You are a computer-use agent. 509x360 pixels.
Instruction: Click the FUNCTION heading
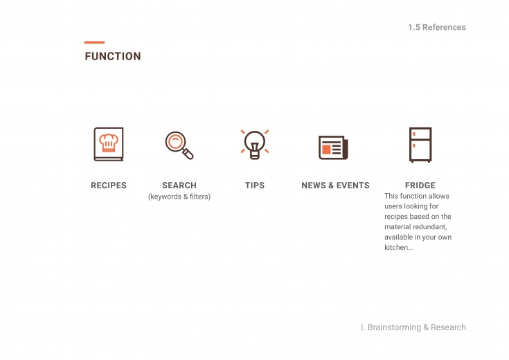pyautogui.click(x=113, y=56)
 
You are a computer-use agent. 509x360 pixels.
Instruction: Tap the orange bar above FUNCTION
pyautogui.click(x=94, y=42)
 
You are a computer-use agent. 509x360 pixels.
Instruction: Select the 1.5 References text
pyautogui.click(x=436, y=27)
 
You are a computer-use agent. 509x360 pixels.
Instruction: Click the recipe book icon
pyautogui.click(x=109, y=144)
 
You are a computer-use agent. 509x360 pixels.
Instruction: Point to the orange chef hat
pyautogui.click(x=109, y=143)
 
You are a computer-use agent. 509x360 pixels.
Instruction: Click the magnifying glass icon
pyautogui.click(x=179, y=145)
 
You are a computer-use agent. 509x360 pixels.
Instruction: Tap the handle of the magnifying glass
pyautogui.click(x=188, y=153)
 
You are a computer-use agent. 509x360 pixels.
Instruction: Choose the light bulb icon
pyautogui.click(x=255, y=145)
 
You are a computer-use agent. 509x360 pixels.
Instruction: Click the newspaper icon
pyautogui.click(x=333, y=147)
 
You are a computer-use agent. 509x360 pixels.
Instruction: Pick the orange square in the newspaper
pyautogui.click(x=326, y=150)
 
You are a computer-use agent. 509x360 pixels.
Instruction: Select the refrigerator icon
pyautogui.click(x=420, y=145)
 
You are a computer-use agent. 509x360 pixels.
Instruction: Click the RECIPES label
pyautogui.click(x=109, y=186)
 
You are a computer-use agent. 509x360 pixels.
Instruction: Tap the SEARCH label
pyautogui.click(x=179, y=186)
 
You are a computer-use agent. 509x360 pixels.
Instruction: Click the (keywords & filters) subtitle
pyautogui.click(x=179, y=197)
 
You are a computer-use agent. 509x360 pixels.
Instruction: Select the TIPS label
pyautogui.click(x=255, y=186)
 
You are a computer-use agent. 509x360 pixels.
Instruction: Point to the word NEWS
pyautogui.click(x=313, y=186)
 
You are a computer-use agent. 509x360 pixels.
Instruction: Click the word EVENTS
pyautogui.click(x=353, y=186)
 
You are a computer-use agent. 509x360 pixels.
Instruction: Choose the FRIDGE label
pyautogui.click(x=420, y=186)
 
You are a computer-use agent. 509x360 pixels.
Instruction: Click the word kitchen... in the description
pyautogui.click(x=399, y=247)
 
